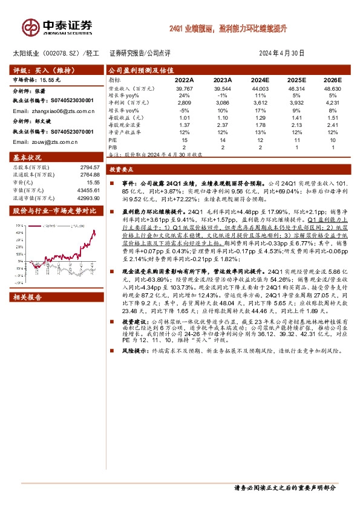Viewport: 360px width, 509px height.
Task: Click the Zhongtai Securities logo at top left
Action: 57,27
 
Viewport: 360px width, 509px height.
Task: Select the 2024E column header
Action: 260,79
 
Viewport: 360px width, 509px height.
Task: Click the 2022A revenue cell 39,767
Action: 183,88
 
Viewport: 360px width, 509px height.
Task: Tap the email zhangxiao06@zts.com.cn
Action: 54,111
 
